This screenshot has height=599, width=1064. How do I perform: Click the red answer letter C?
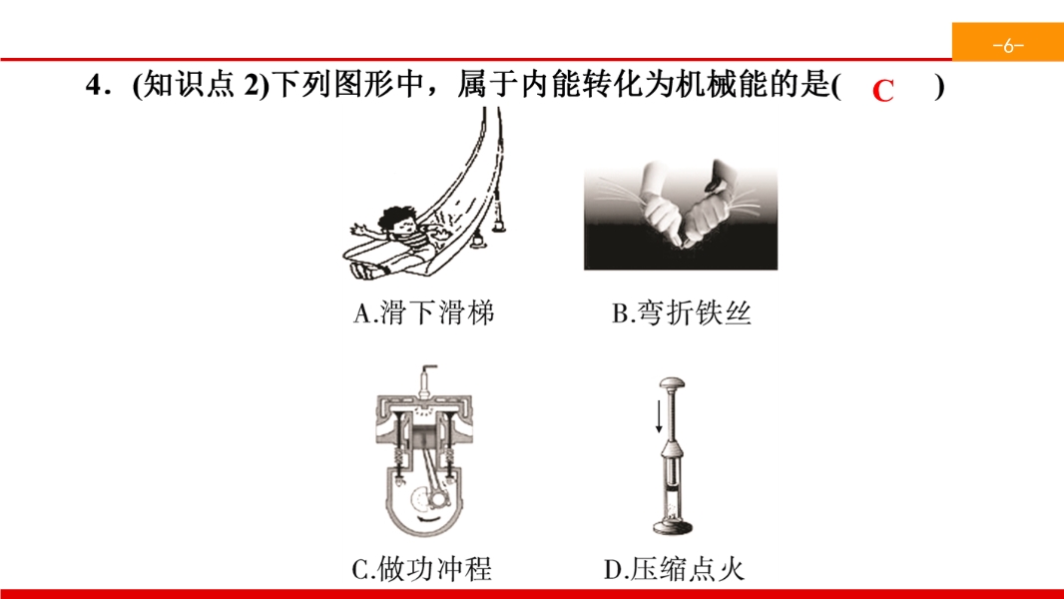point(882,90)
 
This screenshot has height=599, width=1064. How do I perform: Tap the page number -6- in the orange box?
point(1008,46)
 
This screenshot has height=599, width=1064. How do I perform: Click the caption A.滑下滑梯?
point(424,312)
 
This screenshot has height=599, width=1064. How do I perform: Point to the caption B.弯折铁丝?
point(682,312)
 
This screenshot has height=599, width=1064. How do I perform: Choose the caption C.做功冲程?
point(422,568)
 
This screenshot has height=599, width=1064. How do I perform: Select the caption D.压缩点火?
point(674,568)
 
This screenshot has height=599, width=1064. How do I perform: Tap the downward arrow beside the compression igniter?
point(658,416)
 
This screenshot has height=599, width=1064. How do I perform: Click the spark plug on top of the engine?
point(425,380)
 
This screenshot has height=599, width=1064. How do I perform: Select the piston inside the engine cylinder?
point(424,435)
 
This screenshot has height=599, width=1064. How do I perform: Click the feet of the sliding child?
point(363,270)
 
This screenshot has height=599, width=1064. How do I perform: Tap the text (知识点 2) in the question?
point(202,86)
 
